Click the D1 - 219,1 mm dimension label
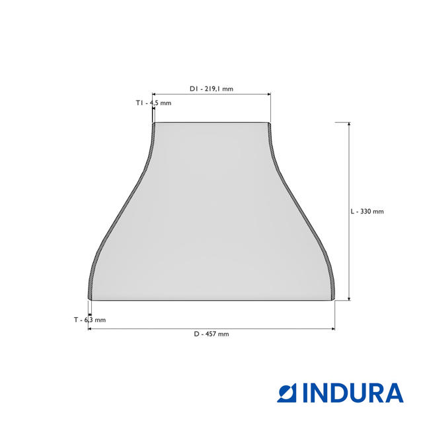[x=211, y=89]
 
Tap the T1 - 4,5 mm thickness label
[x=153, y=103]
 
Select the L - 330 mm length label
[x=367, y=211]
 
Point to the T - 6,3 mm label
[x=90, y=320]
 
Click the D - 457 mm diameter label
[x=211, y=334]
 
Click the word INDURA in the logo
[x=354, y=393]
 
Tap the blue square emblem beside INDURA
[x=287, y=393]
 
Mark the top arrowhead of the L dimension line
[x=349, y=124]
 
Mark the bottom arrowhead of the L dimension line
[x=349, y=298]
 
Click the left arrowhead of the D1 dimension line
[x=154, y=94]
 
